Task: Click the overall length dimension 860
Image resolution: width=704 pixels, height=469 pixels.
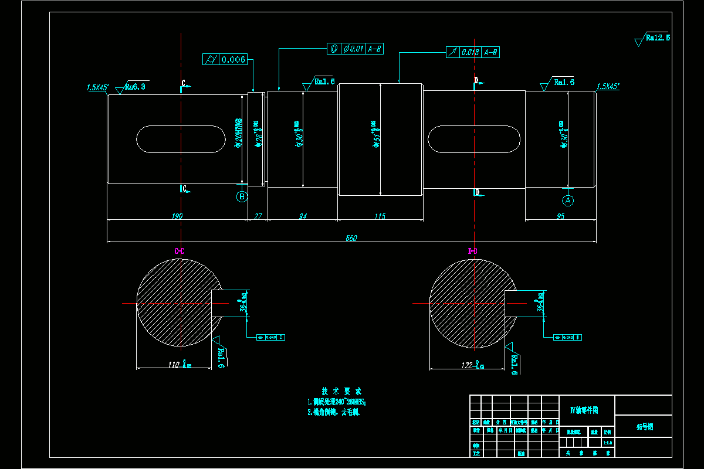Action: (351, 238)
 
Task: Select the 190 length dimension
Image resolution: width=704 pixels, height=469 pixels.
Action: (177, 216)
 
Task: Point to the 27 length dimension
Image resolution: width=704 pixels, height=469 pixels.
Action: (258, 216)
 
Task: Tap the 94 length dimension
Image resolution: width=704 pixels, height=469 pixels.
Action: (303, 216)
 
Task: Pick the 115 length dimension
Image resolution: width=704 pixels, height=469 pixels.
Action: (380, 216)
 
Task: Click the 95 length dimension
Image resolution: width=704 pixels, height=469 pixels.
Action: (560, 216)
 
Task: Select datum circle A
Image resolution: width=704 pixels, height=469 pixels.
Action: (568, 200)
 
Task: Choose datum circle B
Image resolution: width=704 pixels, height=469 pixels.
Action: (242, 196)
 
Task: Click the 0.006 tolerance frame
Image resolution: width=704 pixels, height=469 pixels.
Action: (225, 59)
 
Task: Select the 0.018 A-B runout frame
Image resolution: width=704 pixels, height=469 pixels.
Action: (473, 52)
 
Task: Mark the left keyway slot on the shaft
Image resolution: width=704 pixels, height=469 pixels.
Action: (181, 139)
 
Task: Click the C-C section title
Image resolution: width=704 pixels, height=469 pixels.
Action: (180, 252)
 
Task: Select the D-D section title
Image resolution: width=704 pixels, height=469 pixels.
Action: (473, 252)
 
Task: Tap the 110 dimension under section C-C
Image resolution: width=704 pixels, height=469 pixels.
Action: (174, 365)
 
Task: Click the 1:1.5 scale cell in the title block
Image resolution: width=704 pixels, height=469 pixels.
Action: (607, 443)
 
